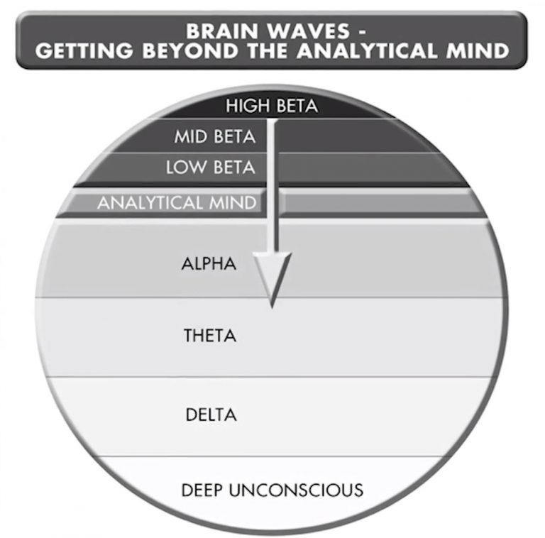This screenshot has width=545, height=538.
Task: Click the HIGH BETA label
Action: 272,107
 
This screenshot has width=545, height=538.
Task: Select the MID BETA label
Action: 214,137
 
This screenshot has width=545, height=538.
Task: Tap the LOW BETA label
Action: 210,169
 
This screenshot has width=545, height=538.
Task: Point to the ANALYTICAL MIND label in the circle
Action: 177,203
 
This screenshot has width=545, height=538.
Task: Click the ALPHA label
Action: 209,265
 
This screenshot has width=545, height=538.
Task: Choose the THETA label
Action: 209,336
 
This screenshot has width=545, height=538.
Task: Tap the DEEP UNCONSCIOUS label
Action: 272,490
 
